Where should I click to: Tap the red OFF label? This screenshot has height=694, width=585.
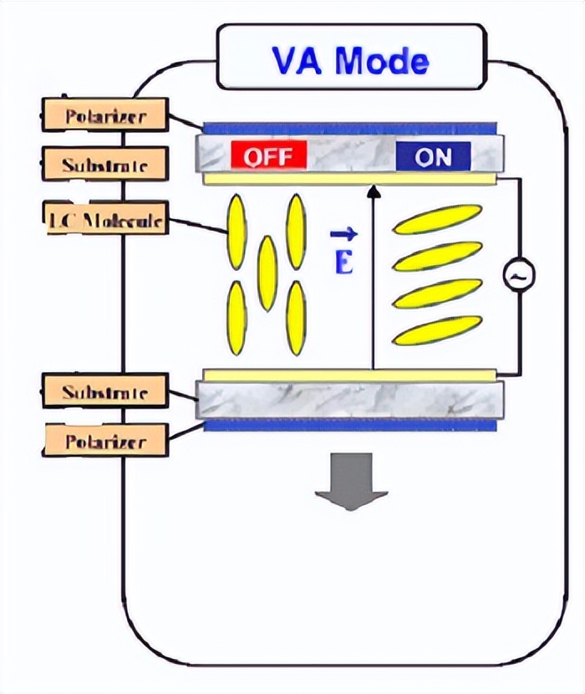tap(269, 156)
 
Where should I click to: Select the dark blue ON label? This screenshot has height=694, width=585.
tap(432, 156)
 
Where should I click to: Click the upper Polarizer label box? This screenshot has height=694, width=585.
tap(105, 115)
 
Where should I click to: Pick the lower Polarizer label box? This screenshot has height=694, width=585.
tap(105, 440)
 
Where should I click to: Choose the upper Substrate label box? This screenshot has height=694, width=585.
tap(105, 164)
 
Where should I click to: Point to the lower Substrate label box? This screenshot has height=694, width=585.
tap(105, 391)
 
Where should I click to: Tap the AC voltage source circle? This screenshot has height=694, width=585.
tap(519, 274)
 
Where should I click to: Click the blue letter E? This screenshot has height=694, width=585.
tap(343, 263)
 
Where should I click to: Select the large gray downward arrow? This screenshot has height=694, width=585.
tap(351, 482)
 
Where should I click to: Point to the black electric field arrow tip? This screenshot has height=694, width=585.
tap(374, 191)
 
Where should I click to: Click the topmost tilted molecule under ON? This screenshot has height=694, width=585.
tap(437, 219)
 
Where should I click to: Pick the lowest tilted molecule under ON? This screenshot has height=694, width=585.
tap(437, 330)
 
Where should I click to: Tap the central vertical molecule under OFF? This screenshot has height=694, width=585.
tap(267, 273)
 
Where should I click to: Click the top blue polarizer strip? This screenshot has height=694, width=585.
tap(350, 129)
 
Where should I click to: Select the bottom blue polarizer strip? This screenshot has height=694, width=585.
tap(350, 426)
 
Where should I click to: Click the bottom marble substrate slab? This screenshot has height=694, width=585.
tap(350, 401)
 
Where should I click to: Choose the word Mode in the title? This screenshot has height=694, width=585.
tap(386, 60)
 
